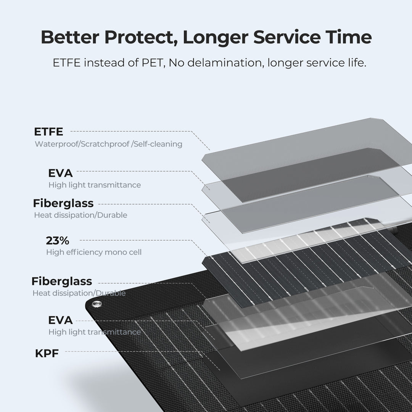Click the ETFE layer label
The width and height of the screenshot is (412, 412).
click(x=48, y=132)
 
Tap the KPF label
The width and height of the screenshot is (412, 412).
click(x=47, y=353)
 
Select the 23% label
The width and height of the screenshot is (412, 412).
click(x=58, y=240)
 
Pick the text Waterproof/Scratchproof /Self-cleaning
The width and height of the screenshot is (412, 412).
click(x=108, y=144)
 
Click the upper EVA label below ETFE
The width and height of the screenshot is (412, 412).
click(x=60, y=173)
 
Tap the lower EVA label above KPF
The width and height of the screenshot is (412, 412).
click(x=60, y=320)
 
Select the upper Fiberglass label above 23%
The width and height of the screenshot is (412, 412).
click(x=63, y=203)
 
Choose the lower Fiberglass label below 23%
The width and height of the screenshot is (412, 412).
click(x=62, y=281)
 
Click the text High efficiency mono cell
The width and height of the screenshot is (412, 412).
click(x=94, y=252)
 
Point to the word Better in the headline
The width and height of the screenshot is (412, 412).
click(x=70, y=37)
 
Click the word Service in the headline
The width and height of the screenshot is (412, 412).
click(x=287, y=37)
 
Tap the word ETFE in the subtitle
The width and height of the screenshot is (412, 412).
click(x=67, y=63)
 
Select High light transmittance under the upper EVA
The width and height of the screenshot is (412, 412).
click(x=95, y=185)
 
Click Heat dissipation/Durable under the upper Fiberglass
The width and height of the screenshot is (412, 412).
click(x=80, y=215)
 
